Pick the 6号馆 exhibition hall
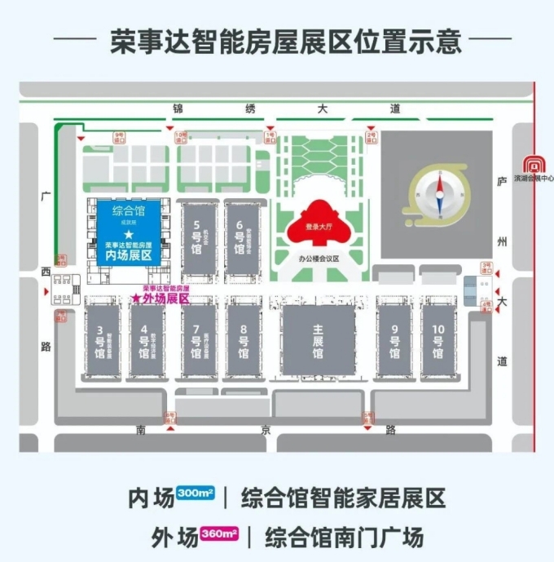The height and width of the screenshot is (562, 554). coord(240,237)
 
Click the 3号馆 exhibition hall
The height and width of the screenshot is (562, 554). coord(101,342)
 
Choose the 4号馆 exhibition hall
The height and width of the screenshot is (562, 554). coord(145,342)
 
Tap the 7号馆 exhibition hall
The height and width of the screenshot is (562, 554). coord(196,342)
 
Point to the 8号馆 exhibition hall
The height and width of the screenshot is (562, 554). coord(244,342)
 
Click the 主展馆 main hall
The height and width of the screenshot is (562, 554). coord(319,342)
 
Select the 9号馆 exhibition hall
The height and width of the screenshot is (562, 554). coord(394,342)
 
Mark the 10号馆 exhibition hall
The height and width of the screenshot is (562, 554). coord(438,342)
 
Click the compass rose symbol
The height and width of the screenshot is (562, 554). coord(437,192)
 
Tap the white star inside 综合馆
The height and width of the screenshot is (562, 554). coord(128,234)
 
